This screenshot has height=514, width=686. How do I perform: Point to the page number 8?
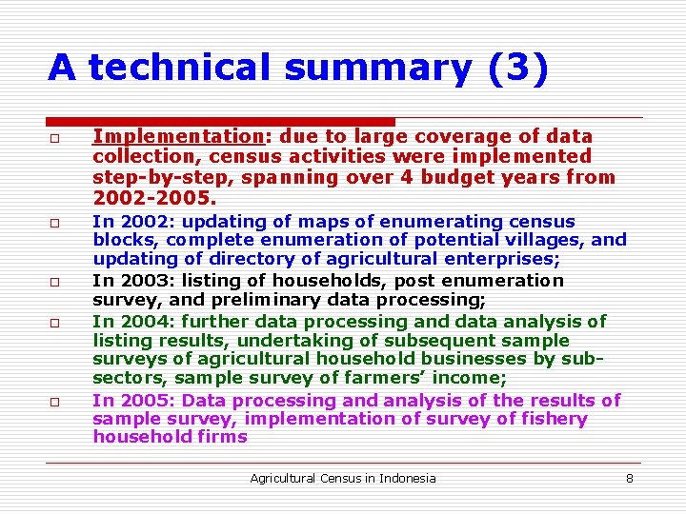pos(629,478)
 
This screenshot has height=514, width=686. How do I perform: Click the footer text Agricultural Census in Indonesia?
pos(342,478)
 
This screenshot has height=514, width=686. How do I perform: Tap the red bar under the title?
pos(221,122)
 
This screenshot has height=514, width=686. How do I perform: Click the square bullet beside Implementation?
pos(56,139)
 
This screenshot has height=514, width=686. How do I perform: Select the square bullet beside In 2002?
pos(56,225)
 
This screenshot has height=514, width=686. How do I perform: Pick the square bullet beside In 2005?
pos(56,403)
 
